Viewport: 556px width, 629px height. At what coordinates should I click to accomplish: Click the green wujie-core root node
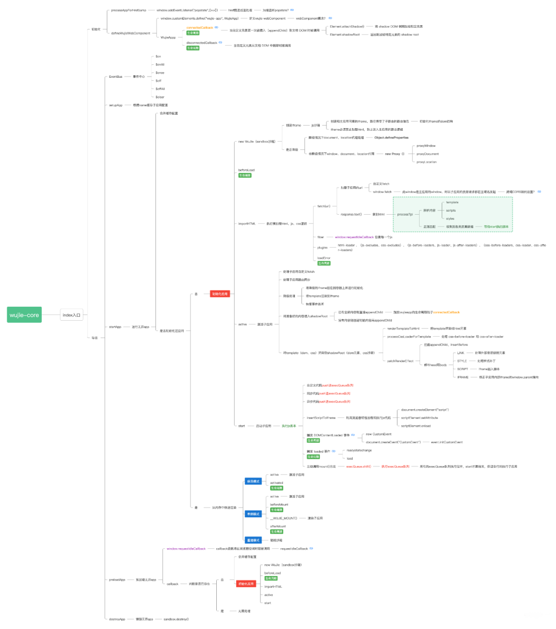24,315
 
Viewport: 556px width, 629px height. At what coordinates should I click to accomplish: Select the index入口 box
72,315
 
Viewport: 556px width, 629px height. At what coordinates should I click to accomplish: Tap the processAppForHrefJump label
129,10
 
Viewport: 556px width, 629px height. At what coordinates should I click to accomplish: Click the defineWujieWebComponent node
131,33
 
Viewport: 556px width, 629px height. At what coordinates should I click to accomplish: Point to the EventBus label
115,77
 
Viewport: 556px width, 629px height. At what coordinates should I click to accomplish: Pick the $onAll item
160,64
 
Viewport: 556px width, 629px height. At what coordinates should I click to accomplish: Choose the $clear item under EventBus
160,97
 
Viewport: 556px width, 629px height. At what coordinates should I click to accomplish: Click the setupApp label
115,105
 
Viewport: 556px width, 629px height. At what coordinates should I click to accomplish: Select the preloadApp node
117,580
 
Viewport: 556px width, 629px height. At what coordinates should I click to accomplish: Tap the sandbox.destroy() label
176,619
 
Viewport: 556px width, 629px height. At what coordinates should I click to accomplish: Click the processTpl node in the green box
405,214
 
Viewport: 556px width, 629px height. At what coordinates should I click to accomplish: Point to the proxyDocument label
427,154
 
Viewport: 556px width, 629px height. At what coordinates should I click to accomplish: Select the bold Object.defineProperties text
391,137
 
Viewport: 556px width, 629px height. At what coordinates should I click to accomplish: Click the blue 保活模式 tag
253,481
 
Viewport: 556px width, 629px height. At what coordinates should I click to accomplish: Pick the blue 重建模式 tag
253,540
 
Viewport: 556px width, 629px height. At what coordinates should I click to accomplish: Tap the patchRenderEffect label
400,361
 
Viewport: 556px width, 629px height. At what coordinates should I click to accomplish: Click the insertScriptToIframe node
321,418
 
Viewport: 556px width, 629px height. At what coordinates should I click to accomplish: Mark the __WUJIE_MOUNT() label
283,518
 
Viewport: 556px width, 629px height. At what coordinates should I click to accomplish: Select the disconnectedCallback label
202,43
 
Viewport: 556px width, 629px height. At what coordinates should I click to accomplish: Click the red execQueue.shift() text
358,466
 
